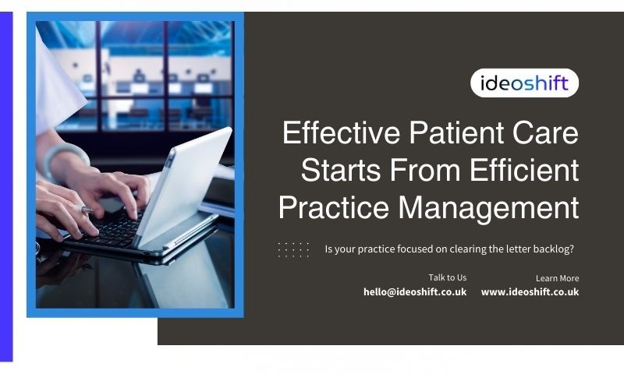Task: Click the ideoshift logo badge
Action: click(x=524, y=83)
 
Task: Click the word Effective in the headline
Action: click(x=341, y=132)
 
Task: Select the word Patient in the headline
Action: click(x=456, y=132)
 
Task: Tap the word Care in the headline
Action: click(x=545, y=132)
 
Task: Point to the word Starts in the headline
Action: click(x=341, y=170)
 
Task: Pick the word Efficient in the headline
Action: click(x=524, y=170)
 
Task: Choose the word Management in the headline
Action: click(x=488, y=207)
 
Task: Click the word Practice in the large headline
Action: click(x=334, y=207)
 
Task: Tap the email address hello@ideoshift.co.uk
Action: click(x=415, y=291)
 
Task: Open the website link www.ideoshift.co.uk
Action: click(x=530, y=291)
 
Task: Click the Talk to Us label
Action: click(x=447, y=277)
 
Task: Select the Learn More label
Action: click(x=557, y=278)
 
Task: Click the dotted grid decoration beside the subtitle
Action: click(x=293, y=250)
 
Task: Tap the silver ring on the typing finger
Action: click(x=87, y=210)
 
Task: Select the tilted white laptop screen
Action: click(x=183, y=186)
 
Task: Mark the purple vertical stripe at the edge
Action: click(x=6, y=186)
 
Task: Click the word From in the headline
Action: click(x=425, y=170)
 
